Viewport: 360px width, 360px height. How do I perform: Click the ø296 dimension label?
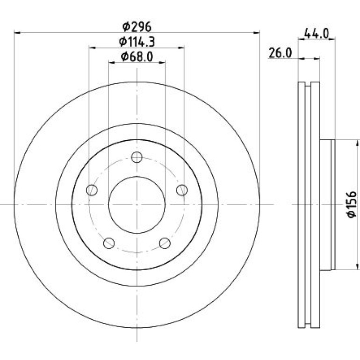(x=137, y=27)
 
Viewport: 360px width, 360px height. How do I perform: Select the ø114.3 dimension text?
(x=137, y=42)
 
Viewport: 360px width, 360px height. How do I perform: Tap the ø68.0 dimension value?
(x=137, y=57)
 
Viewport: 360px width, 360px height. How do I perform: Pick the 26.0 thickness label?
(x=280, y=53)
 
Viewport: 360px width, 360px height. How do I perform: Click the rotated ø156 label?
(x=352, y=205)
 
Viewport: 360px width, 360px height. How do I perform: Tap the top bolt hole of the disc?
(x=137, y=157)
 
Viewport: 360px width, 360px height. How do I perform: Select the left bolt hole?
(x=92, y=190)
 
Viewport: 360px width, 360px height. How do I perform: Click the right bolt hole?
(x=182, y=190)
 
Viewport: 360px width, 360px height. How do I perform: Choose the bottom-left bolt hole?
(x=109, y=243)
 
